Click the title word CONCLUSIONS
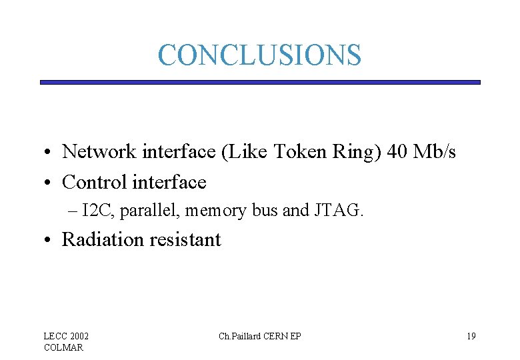click(x=259, y=55)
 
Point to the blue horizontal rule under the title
click(x=259, y=82)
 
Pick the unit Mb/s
click(x=435, y=152)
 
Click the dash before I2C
click(x=73, y=211)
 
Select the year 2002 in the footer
click(x=78, y=336)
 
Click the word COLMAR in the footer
click(x=63, y=347)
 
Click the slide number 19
click(x=471, y=336)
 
